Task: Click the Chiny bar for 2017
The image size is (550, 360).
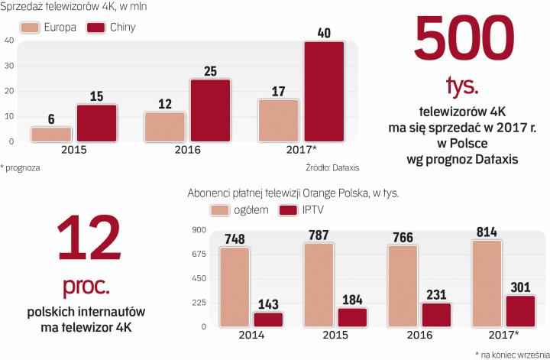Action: pyautogui.click(x=324, y=91)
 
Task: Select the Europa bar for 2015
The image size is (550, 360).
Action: pyautogui.click(x=51, y=134)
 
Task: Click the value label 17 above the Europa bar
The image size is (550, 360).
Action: pyautogui.click(x=277, y=91)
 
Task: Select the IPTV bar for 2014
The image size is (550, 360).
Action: pyautogui.click(x=267, y=319)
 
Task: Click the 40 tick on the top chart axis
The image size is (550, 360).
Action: pyautogui.click(x=8, y=41)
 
